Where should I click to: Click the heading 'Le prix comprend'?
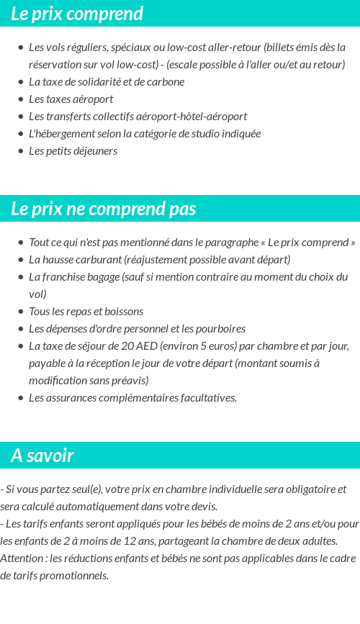point(77,14)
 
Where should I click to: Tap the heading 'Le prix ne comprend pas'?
point(104,209)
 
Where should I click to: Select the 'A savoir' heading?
point(42,456)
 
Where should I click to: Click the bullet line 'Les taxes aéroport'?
point(71,99)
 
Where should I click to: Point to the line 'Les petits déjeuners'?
point(73,151)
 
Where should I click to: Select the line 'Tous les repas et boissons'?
point(86,312)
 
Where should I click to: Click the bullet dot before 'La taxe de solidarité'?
point(21,82)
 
